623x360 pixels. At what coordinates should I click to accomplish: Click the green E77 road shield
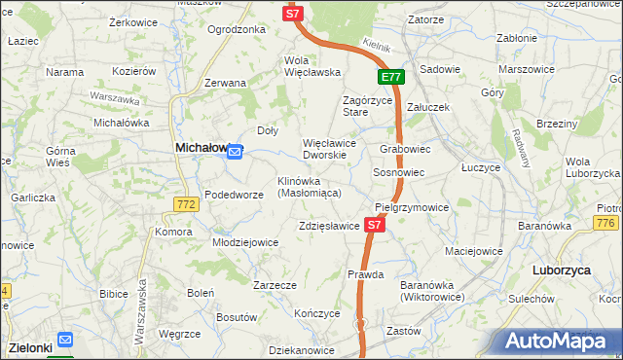[391, 77]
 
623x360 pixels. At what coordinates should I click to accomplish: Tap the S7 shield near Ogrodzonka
[294, 14]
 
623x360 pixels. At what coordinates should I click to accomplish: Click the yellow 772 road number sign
[187, 204]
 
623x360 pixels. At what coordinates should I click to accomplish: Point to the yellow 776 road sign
[606, 225]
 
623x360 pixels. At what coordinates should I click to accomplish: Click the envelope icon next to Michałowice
[235, 150]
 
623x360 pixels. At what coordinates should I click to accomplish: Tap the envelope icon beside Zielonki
[65, 340]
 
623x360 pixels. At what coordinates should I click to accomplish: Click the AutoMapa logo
[561, 341]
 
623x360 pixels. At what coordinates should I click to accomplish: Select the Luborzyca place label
[563, 270]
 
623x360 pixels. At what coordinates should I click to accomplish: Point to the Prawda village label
[366, 275]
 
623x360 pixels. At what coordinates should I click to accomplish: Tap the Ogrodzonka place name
[237, 29]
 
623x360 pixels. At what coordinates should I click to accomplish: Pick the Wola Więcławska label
[311, 65]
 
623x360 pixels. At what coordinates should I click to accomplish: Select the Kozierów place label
[134, 71]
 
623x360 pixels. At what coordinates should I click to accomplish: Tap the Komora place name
[173, 232]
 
